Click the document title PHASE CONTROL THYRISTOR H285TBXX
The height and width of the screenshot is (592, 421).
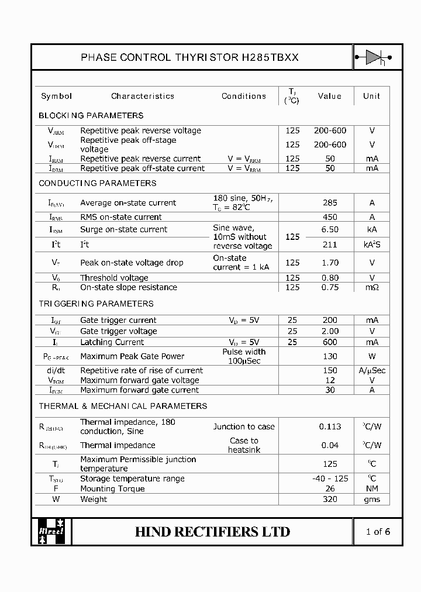(189, 57)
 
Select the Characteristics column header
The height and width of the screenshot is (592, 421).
(143, 96)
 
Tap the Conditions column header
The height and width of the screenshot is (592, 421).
(243, 96)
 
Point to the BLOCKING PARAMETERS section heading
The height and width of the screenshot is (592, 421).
(91, 115)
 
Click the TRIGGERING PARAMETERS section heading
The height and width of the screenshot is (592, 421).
(96, 304)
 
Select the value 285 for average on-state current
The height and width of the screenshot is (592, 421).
(330, 203)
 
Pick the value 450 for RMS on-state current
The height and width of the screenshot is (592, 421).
(330, 217)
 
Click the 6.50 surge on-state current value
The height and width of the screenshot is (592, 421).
(330, 229)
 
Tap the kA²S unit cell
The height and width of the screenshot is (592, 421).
(371, 245)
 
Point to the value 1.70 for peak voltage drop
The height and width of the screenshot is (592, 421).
(330, 263)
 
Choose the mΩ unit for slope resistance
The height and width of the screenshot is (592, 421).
(371, 287)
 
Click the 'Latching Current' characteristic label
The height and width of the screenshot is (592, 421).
(112, 342)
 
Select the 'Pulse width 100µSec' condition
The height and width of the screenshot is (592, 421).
(243, 356)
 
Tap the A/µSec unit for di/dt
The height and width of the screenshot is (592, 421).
(371, 370)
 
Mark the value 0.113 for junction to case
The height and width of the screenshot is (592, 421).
(330, 426)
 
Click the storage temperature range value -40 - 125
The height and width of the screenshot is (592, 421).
(330, 479)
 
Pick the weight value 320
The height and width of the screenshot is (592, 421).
(330, 499)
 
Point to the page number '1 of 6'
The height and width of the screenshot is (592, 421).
(377, 531)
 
